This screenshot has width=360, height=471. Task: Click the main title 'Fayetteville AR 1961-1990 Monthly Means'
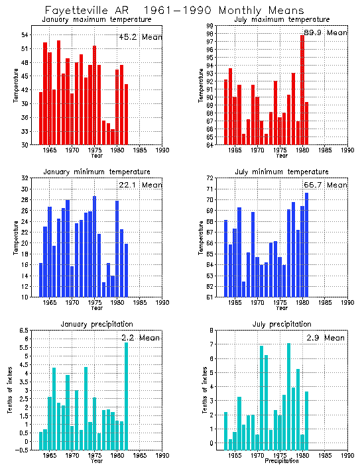(x=174, y=11)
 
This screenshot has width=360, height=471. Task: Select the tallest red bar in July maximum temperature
(x=302, y=89)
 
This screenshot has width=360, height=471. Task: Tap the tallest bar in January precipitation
(x=126, y=395)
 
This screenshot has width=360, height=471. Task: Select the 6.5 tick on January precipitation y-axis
(x=23, y=330)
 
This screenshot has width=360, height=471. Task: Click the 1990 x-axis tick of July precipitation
(x=348, y=456)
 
